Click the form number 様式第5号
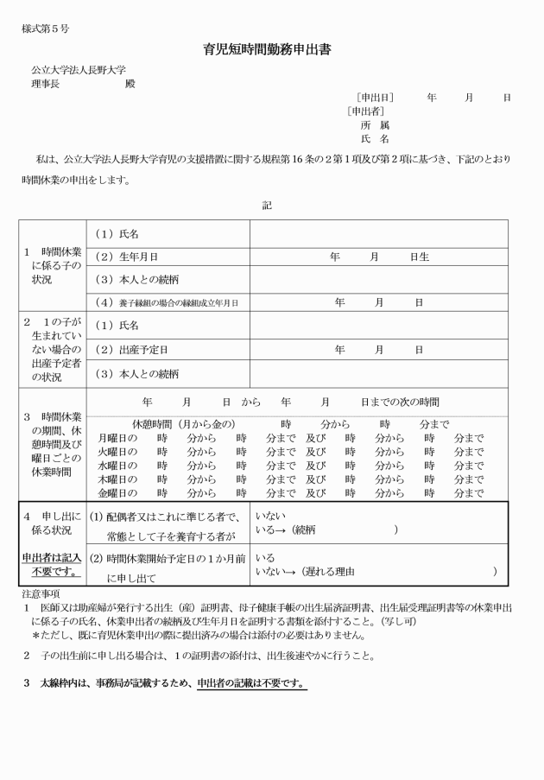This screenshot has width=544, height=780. [46, 29]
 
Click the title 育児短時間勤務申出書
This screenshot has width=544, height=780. [272, 50]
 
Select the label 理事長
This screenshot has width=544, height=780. [45, 84]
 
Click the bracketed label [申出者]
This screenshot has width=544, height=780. [365, 111]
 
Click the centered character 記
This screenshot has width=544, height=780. [267, 206]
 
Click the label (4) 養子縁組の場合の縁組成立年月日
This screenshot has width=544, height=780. [165, 302]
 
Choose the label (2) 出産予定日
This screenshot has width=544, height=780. [130, 349]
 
